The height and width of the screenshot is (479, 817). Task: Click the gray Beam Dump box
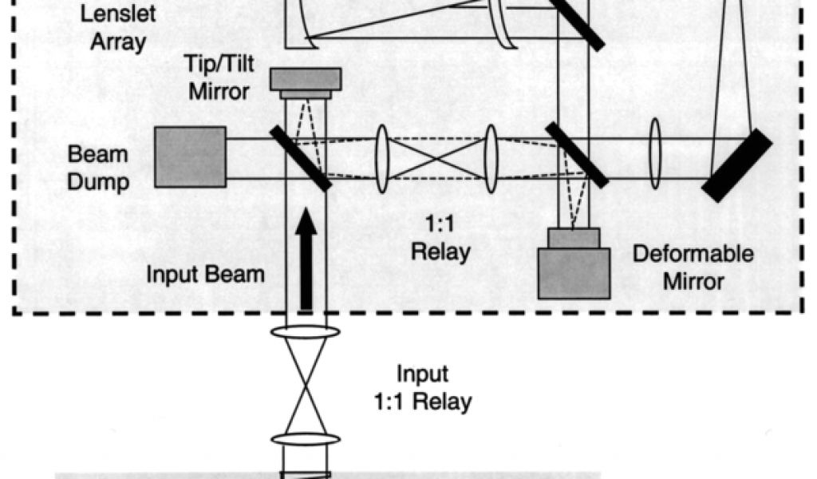click(190, 156)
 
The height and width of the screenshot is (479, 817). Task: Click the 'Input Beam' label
click(205, 275)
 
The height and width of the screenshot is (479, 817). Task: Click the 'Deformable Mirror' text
click(693, 267)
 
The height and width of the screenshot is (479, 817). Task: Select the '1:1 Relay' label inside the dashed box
click(440, 239)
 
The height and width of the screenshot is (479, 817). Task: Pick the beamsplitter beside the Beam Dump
click(300, 156)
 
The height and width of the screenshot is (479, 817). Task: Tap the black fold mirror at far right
click(737, 165)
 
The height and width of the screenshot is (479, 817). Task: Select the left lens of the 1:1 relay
click(382, 158)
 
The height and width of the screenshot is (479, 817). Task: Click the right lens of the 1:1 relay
click(491, 158)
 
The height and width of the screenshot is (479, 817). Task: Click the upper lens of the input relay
click(306, 331)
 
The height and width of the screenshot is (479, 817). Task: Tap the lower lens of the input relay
click(306, 439)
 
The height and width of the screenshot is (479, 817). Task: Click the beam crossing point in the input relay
click(306, 385)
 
